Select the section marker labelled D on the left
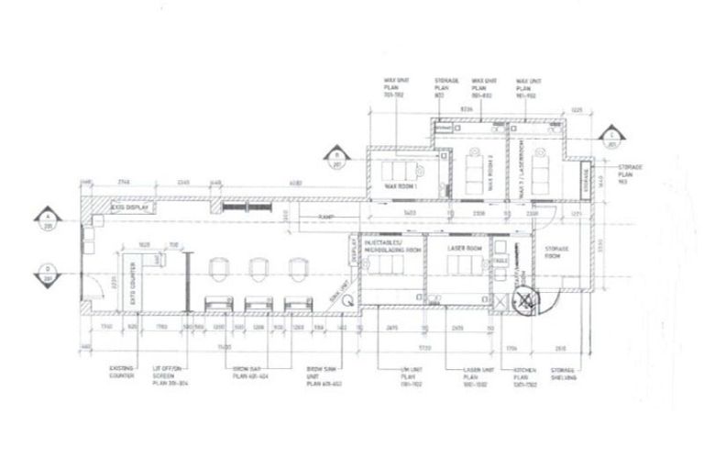pos(47,272)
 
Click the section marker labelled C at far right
pos(611,140)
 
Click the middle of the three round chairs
pos(258,269)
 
